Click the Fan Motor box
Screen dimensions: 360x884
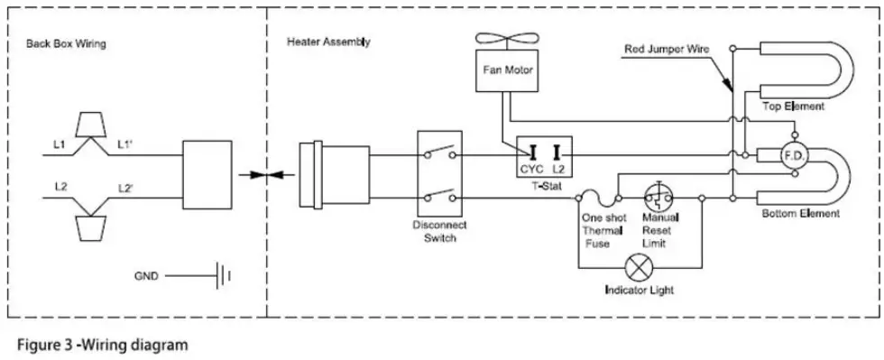[x=506, y=72]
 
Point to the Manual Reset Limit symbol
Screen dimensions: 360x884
[x=658, y=197]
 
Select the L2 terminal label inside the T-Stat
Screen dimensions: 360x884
[x=558, y=169]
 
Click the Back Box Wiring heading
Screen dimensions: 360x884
[x=63, y=42]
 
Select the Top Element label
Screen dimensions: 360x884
[x=794, y=106]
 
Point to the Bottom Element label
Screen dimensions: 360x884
[x=800, y=214]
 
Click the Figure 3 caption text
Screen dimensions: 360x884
[x=100, y=345]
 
